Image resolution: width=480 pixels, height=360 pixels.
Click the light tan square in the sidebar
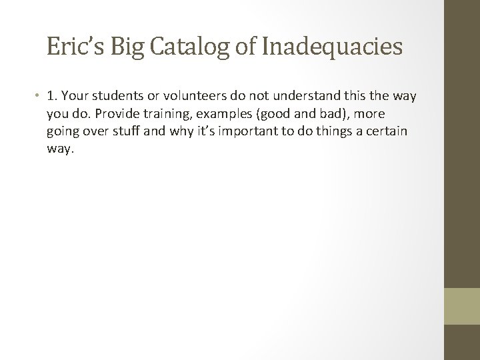(x=461, y=306)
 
